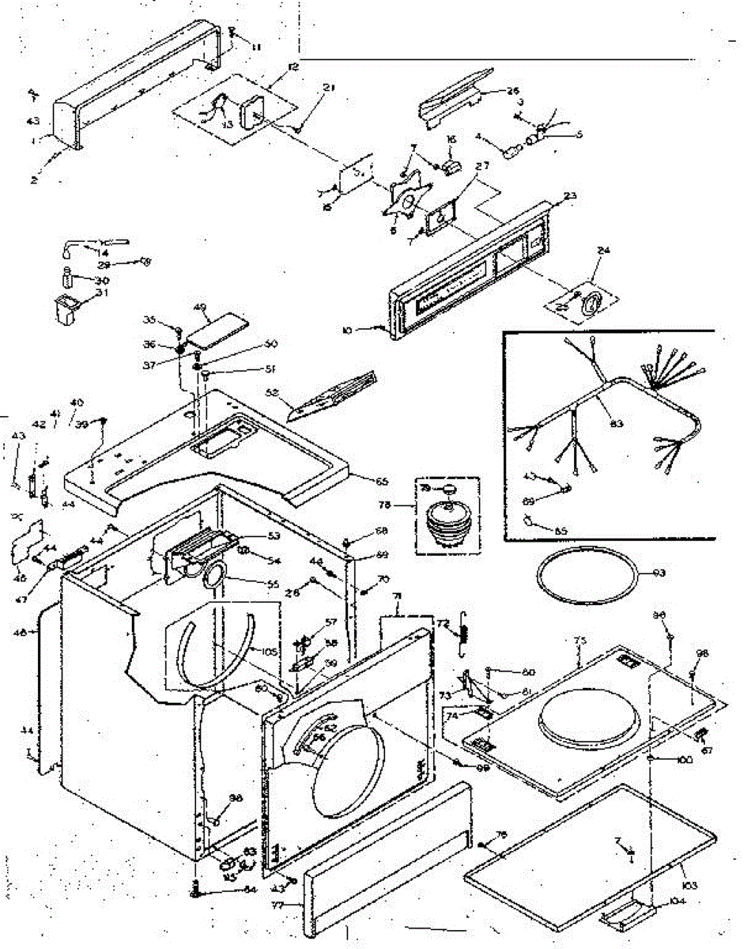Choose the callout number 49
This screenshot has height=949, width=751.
[x=200, y=308]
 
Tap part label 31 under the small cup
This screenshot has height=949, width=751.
[x=100, y=294]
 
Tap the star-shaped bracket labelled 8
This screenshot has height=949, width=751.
[x=408, y=200]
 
